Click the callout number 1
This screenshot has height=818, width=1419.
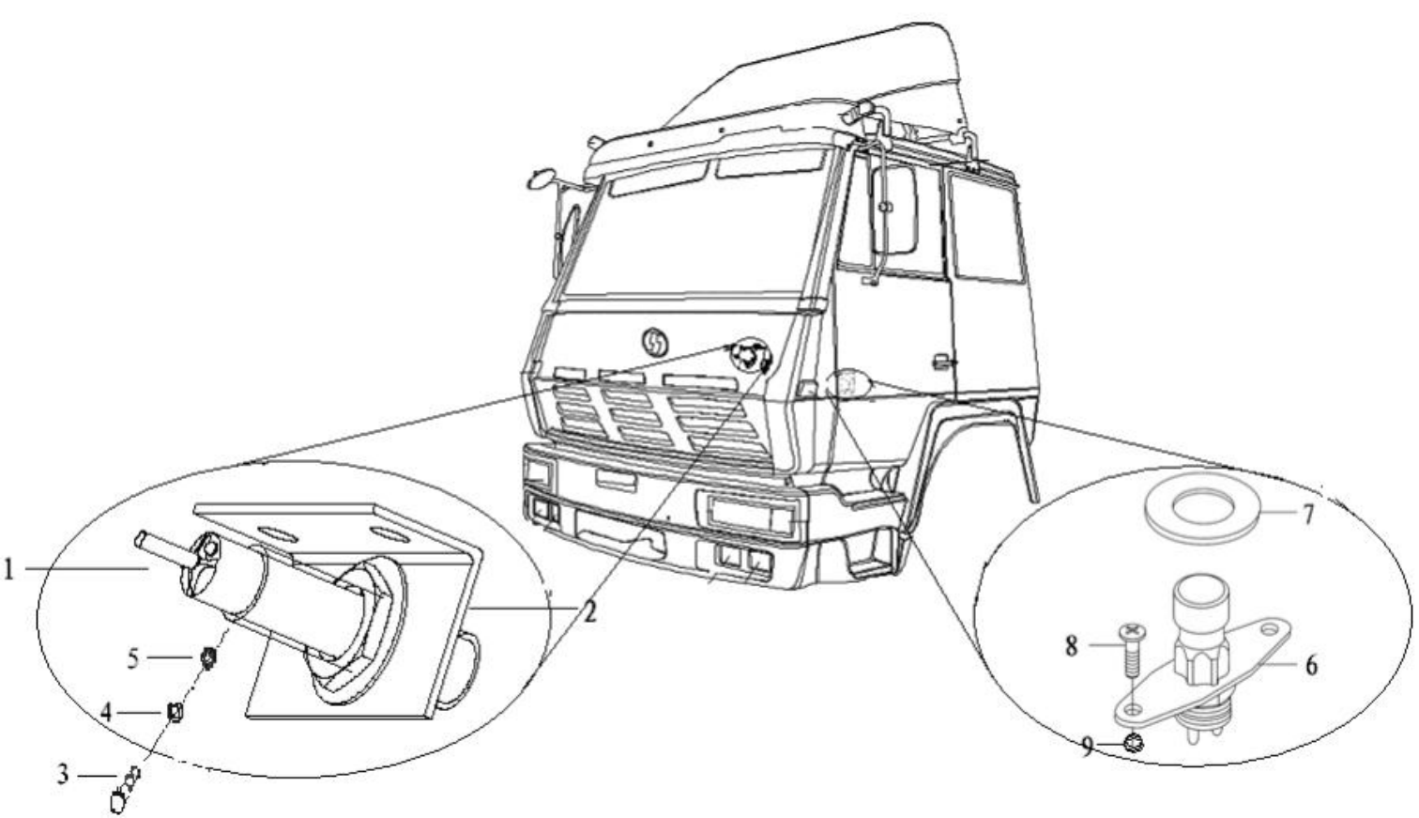(x=8, y=569)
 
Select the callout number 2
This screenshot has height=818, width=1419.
(x=588, y=612)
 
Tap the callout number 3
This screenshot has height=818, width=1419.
(x=63, y=777)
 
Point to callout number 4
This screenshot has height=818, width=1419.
(x=107, y=713)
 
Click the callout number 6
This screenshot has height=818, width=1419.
(x=1310, y=665)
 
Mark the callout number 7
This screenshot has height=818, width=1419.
(x=1307, y=515)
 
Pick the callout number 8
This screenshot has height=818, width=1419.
(x=1071, y=646)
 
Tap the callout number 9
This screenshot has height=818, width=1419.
(x=1087, y=747)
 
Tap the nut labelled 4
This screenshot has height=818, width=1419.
(x=175, y=713)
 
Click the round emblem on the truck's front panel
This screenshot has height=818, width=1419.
(x=655, y=341)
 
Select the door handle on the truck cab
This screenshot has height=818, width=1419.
(x=939, y=362)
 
